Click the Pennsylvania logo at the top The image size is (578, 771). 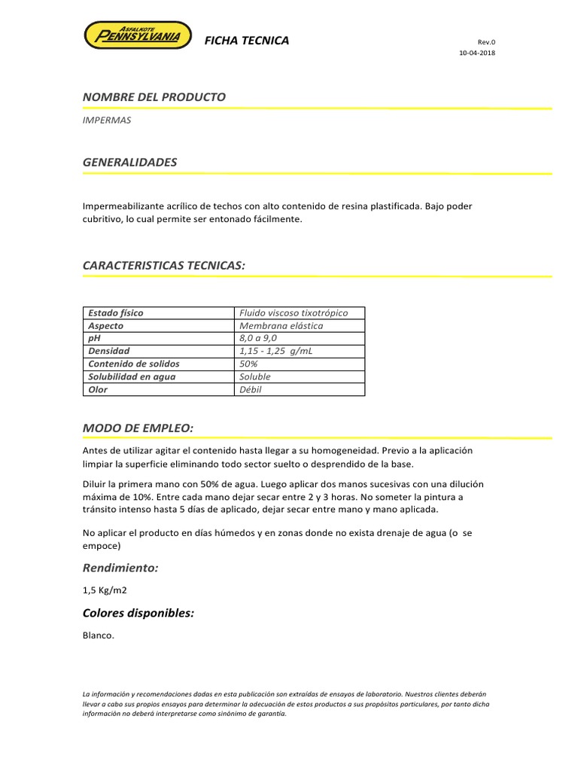point(136,35)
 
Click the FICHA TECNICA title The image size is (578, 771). point(247,41)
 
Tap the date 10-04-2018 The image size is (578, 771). point(477,53)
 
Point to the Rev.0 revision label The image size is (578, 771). point(487,42)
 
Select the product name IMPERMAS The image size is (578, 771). point(107,120)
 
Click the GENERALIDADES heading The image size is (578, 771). point(130,162)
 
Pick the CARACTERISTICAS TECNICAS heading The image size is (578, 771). point(164,265)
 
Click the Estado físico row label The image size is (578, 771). point(116,312)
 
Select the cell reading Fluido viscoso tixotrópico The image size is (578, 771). point(294,312)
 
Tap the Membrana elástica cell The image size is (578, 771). point(281,326)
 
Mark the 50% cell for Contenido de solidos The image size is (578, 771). point(248,364)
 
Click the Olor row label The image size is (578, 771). point(98,389)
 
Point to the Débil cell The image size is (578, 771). point(251,389)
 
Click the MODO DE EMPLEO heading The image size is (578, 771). point(138,428)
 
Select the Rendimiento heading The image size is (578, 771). point(120,567)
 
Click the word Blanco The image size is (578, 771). point(99,635)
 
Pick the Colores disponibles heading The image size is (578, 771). point(138,613)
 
